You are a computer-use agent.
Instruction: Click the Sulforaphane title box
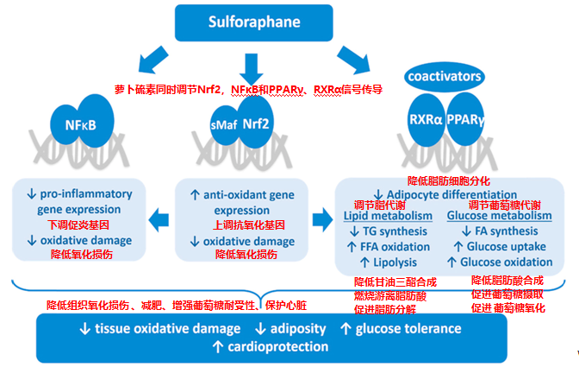point(253,22)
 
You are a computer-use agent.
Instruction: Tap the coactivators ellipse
point(445,77)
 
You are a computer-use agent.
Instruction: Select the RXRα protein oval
point(426,120)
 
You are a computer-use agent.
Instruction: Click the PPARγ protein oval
point(465,119)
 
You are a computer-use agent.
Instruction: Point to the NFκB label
point(80,125)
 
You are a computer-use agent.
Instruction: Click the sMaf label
point(223,125)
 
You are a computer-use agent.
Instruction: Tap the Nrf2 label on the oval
point(256,123)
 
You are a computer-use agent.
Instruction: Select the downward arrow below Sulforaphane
point(251,69)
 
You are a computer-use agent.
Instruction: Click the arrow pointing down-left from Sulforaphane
point(153,60)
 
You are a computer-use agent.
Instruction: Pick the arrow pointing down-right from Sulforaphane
point(353,60)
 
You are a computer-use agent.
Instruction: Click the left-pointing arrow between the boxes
point(159,220)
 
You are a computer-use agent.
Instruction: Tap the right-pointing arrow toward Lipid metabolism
point(322,219)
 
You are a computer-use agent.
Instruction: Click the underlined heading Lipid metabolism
point(388,216)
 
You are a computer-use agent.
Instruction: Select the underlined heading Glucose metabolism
point(499,215)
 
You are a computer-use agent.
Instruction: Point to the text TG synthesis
point(395,231)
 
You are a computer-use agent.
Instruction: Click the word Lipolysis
point(395,262)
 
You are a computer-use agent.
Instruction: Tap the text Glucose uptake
point(507,246)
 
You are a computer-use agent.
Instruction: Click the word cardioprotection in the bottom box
point(277,347)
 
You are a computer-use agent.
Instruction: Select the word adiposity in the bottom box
point(298,329)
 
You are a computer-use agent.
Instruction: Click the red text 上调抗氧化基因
point(248,224)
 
